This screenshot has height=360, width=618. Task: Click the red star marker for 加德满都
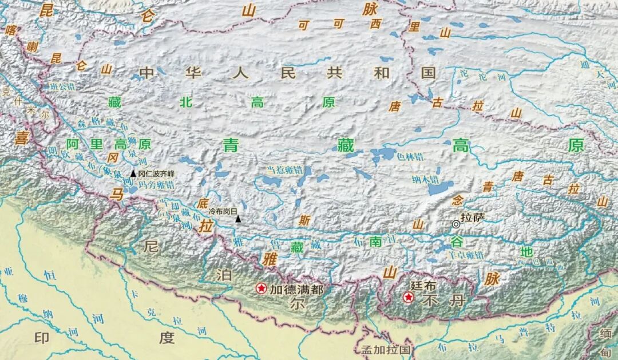pos(262,288)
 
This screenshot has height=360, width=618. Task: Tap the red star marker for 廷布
pos(408,297)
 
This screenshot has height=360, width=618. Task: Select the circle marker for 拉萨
pos(455,224)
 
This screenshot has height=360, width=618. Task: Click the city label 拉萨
pos(473,217)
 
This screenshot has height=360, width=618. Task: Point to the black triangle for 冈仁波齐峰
pos(133,173)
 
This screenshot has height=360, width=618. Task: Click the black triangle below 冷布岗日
pos(239,219)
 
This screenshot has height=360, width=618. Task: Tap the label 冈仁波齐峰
pos(156,173)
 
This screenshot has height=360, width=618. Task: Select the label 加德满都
pos(297,290)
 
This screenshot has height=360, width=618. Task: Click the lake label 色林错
pos(411,157)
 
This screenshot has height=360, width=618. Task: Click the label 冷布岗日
pos(223,211)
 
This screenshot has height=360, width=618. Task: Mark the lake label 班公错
pos(62,86)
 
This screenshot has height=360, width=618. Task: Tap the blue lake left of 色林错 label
pos(383,154)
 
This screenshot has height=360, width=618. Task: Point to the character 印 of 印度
pos(42,338)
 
